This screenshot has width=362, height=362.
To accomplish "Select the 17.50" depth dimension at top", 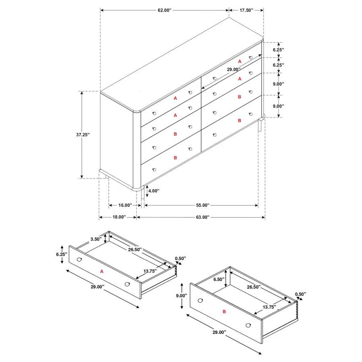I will [246, 10].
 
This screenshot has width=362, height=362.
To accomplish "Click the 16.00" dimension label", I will [123, 205].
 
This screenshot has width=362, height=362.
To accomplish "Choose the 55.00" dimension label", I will [203, 205].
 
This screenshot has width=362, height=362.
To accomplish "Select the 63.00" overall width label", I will [203, 217].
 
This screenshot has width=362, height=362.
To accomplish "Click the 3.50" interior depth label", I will [96, 239].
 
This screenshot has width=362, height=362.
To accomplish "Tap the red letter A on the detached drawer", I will [102, 272].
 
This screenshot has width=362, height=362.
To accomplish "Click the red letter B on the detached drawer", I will [224, 311].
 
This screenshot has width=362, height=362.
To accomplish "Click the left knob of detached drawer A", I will [79, 259].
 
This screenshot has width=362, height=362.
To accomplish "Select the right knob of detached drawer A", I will [128, 284].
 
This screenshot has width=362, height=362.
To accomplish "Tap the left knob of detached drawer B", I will [200, 300].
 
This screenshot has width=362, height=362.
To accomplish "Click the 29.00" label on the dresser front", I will [234, 69].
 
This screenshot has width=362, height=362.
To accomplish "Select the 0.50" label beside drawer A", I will [180, 258].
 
